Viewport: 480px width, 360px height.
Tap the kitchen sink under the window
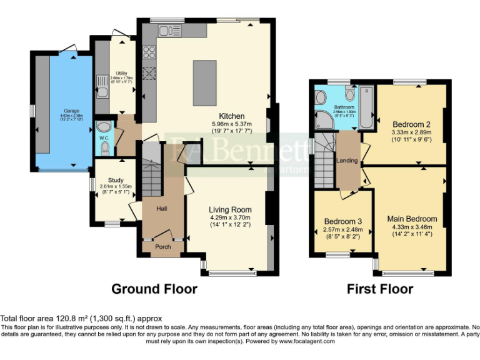tap(169, 31)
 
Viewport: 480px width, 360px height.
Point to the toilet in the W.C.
tap(104, 147)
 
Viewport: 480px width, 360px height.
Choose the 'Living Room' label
tap(230, 210)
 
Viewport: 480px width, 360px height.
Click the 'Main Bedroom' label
tap(412, 219)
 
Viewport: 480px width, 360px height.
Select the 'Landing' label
tap(347, 161)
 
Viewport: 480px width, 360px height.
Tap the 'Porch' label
tap(163, 247)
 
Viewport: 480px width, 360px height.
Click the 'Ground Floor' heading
tap(154, 289)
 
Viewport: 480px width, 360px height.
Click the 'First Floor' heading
tap(380, 289)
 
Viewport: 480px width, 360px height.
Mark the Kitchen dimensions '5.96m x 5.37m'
tap(231, 124)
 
